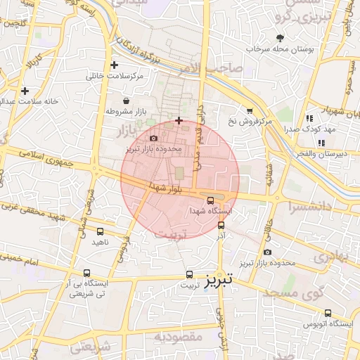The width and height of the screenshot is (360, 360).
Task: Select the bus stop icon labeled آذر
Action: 221,226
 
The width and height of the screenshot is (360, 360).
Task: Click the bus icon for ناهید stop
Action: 101,231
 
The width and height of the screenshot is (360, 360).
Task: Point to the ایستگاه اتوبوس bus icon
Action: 328,314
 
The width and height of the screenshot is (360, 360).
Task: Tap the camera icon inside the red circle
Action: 154,139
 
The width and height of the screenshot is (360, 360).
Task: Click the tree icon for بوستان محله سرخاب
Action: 281,38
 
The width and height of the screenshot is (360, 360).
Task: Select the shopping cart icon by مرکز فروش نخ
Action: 250,110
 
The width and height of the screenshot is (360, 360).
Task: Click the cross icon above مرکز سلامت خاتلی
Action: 115,65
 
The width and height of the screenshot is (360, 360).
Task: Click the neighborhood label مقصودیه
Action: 179,337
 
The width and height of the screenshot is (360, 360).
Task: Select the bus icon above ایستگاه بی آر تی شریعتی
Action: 86,273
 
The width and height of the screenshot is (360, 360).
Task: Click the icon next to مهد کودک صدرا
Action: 309,119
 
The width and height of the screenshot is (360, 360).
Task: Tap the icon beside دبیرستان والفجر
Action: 321,143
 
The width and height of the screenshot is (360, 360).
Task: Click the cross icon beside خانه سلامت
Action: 25,91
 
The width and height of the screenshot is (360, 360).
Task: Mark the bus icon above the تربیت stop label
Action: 189,274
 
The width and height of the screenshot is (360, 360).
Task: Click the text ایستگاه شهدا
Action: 211,211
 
